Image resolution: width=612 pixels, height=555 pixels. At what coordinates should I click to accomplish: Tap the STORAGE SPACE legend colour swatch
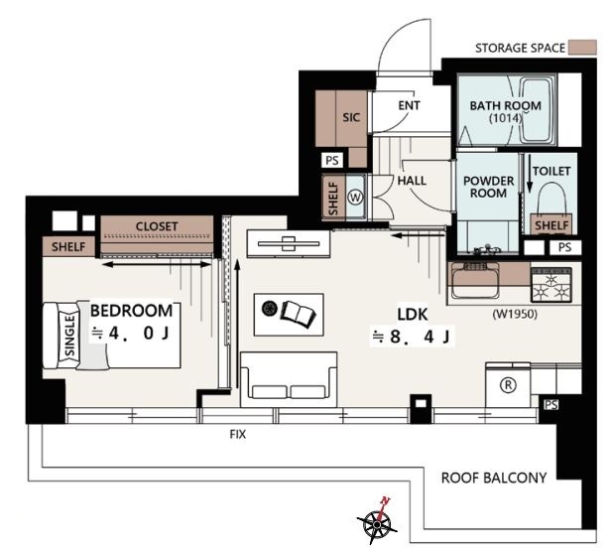[582, 48]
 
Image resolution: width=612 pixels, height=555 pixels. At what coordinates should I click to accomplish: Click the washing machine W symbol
[355, 198]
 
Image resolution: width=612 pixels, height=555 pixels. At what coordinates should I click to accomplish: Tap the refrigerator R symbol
[508, 385]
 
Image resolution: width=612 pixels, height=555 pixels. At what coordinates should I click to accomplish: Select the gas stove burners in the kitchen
[551, 284]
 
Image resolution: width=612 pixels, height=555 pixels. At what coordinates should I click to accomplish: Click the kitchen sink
[475, 280]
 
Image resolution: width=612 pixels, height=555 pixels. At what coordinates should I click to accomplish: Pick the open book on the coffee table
[298, 315]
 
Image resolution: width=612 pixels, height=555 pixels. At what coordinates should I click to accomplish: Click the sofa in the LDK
[289, 379]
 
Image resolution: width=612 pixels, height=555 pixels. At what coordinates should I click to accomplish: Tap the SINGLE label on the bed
[69, 336]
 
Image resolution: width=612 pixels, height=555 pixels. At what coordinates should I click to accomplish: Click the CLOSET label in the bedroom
[157, 226]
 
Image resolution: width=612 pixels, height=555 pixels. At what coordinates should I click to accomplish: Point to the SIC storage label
[351, 117]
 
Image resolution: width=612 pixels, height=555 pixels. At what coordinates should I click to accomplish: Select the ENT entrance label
[409, 105]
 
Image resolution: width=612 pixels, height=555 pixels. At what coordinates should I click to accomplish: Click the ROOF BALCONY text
[494, 478]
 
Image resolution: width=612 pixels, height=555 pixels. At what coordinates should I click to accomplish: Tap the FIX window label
[238, 434]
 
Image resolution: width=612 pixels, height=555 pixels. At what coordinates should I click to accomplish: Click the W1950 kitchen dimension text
[515, 314]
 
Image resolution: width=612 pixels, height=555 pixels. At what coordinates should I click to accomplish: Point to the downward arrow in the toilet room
[530, 174]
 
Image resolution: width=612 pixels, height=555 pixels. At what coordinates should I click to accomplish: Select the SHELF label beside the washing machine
[333, 199]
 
